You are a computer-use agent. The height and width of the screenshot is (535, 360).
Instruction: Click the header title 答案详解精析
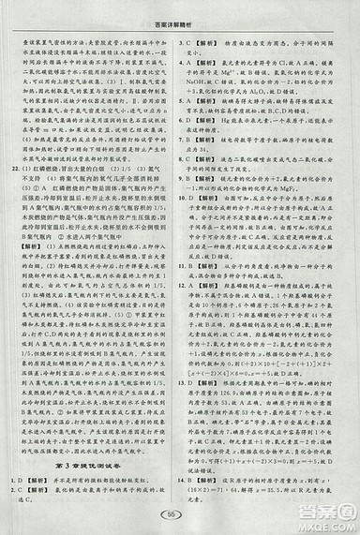[x=180, y=11]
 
